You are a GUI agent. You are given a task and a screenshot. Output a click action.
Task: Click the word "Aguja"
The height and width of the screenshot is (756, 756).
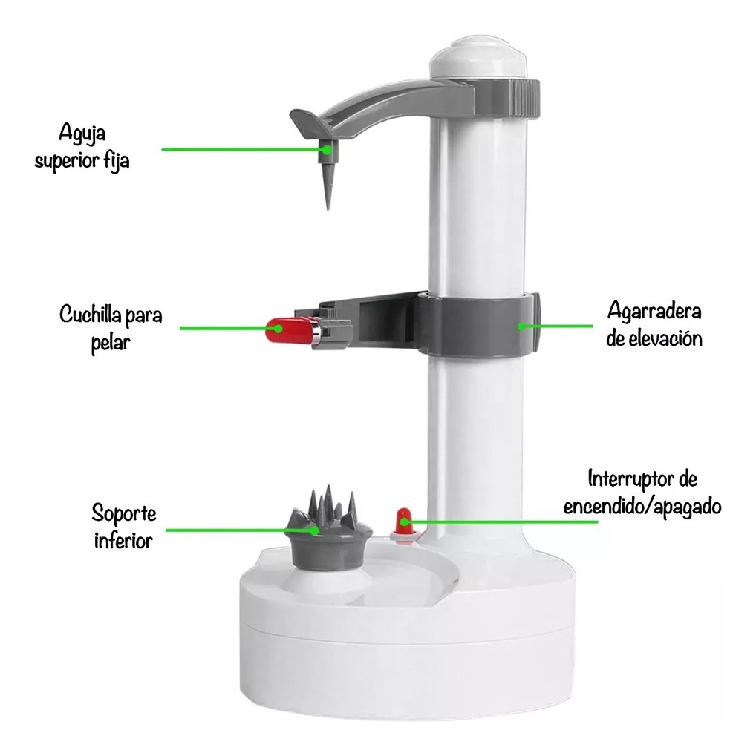pyautogui.click(x=82, y=133)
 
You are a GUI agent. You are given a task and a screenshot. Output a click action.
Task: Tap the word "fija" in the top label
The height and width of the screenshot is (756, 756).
pyautogui.click(x=117, y=160)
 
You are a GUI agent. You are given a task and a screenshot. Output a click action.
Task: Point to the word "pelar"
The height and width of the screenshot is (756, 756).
pyautogui.click(x=111, y=344)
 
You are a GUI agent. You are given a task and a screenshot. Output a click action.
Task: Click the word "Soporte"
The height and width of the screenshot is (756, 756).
pyautogui.click(x=124, y=514)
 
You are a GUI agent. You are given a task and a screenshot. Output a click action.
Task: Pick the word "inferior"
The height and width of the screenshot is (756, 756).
pyautogui.click(x=123, y=541)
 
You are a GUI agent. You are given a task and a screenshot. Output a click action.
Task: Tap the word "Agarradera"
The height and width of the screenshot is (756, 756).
pyautogui.click(x=654, y=312)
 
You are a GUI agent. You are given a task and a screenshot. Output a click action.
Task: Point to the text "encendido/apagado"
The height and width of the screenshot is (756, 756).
pyautogui.click(x=642, y=507)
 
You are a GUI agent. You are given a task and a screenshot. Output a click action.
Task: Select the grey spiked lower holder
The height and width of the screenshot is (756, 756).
pyautogui.click(x=328, y=529)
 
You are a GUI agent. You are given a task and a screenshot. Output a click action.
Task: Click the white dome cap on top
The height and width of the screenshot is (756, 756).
pyautogui.click(x=478, y=58)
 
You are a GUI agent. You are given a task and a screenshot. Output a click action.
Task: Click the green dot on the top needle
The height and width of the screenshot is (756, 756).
pyautogui.click(x=327, y=150)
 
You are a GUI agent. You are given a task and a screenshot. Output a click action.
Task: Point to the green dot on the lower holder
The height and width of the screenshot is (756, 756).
pyautogui.click(x=314, y=530)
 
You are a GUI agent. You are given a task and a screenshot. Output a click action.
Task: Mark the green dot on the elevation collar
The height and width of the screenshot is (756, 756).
pyautogui.click(x=522, y=326)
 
